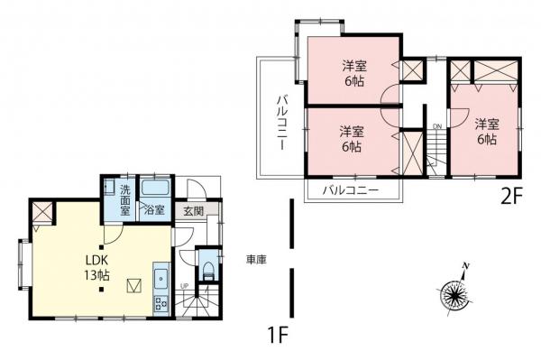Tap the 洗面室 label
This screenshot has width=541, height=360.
point(125,198)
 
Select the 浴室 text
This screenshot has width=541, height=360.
point(154,211)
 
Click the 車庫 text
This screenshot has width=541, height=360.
point(255,260)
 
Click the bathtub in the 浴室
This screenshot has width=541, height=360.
point(154,189)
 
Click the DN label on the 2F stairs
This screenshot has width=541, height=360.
point(436,125)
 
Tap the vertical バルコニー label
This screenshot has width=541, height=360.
point(280,121)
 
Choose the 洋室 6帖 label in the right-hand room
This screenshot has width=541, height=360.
point(487,132)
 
